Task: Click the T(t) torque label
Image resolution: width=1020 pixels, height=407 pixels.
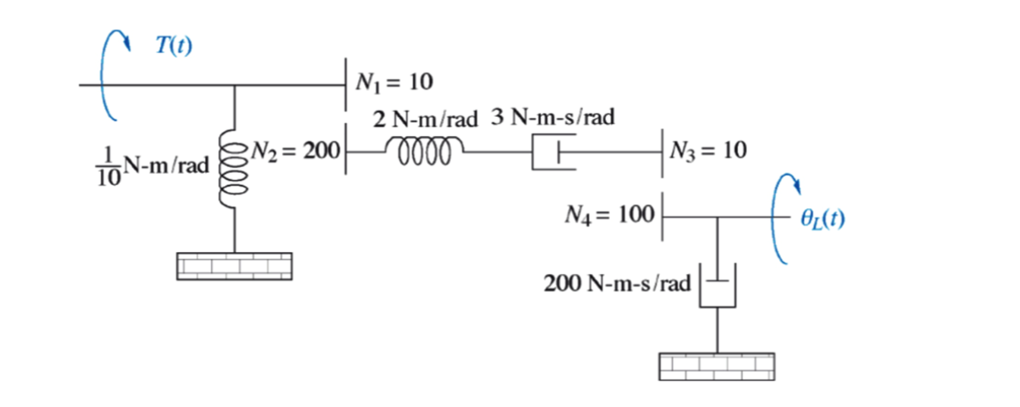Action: click(x=173, y=45)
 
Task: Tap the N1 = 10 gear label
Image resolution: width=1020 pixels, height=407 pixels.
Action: click(x=394, y=82)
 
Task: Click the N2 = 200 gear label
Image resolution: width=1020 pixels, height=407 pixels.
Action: click(x=295, y=150)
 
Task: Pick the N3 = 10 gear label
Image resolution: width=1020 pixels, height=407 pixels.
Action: click(x=708, y=150)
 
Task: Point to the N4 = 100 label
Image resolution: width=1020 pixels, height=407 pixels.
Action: click(x=609, y=214)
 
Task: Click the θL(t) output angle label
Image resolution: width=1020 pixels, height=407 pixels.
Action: click(x=823, y=218)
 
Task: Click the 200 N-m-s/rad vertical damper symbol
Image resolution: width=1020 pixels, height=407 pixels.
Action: click(x=717, y=286)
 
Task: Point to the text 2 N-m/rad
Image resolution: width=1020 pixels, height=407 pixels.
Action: click(x=425, y=119)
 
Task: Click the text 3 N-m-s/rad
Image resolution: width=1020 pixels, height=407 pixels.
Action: click(x=552, y=117)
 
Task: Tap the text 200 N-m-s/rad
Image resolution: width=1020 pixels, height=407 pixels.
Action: click(x=617, y=283)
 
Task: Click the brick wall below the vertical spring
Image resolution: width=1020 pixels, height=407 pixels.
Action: click(x=234, y=266)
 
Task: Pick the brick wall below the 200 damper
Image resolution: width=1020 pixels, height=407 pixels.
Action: click(x=716, y=367)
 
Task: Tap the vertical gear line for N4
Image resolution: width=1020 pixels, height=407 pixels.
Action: click(x=662, y=217)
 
